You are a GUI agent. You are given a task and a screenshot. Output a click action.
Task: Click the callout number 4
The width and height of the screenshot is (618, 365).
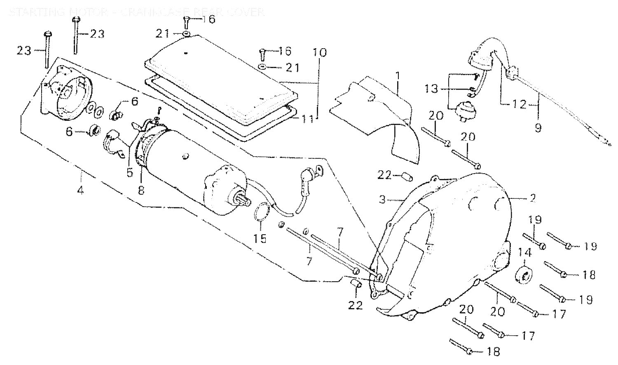81,191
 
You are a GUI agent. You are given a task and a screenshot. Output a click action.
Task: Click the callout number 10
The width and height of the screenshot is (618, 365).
319,53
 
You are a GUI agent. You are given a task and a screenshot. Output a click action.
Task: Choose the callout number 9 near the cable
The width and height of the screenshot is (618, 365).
538,127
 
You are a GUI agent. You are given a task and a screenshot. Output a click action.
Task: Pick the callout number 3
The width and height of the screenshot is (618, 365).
383,200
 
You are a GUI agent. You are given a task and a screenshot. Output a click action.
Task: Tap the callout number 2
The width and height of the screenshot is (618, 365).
532,198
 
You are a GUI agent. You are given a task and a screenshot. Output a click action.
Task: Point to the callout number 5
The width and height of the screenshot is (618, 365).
130,172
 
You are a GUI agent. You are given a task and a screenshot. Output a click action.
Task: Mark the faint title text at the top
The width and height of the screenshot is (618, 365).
136,12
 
